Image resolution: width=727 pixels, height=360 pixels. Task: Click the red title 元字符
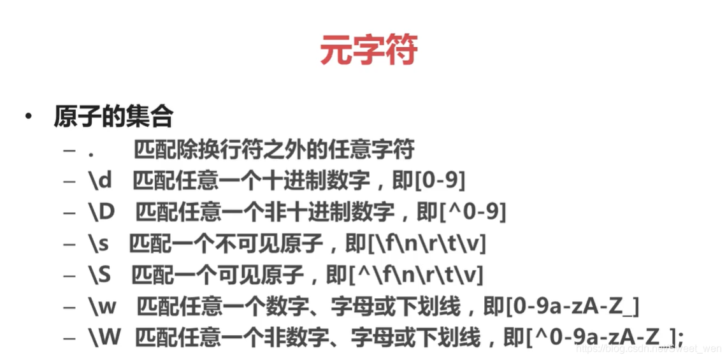point(368,50)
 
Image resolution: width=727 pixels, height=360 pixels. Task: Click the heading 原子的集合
point(113,117)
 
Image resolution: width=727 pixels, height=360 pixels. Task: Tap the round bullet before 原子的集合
point(28,117)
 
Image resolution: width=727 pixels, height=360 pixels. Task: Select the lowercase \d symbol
point(100,181)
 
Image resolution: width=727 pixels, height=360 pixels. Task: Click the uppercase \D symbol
point(101,212)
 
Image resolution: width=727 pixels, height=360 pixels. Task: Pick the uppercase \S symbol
point(100,275)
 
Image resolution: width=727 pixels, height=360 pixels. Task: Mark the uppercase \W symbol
point(104,338)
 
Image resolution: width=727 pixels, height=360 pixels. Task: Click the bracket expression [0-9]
point(440,181)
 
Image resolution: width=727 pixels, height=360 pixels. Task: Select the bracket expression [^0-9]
point(472,212)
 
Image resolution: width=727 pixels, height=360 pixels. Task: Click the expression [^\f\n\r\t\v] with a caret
point(415,275)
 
